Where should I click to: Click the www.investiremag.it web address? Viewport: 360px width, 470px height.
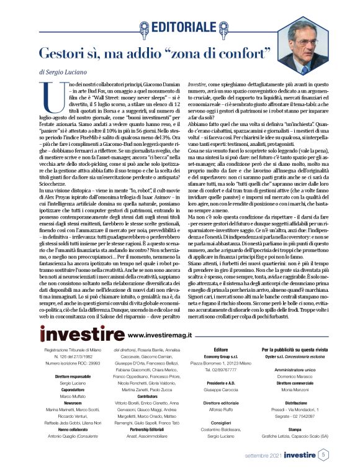point(158,335)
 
